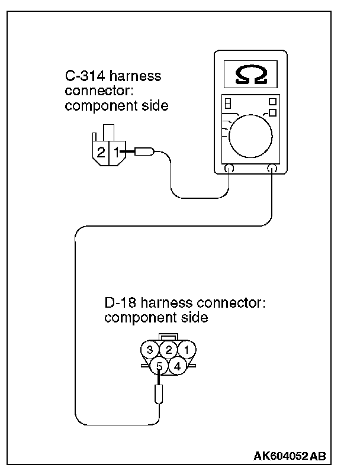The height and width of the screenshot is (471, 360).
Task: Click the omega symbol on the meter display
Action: pos(250,74)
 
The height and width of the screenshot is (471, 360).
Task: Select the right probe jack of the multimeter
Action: pos(273,169)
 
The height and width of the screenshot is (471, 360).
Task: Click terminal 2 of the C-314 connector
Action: pos(101,151)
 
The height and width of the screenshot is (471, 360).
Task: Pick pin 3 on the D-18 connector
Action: pos(150,350)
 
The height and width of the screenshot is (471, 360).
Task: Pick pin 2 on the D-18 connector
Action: pos(169,350)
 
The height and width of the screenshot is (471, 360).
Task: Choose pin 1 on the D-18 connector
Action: pos(187,350)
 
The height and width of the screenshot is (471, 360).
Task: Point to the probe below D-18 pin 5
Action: pos(159,393)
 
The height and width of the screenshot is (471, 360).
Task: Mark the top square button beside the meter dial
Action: pos(272,101)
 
